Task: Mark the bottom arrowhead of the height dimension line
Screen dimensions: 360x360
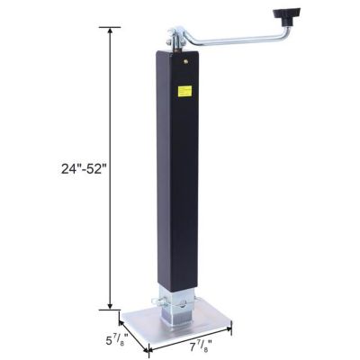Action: click(112, 305)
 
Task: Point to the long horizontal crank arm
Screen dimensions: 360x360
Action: click(243, 40)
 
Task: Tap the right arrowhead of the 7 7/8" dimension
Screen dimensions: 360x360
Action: click(229, 326)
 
